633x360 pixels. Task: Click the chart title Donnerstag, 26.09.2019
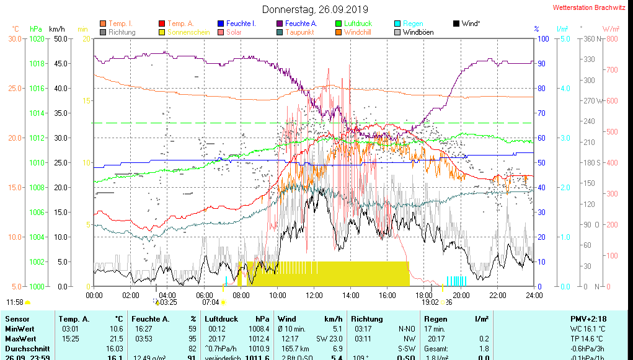[315, 9]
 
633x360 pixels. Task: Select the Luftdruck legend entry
[358, 24]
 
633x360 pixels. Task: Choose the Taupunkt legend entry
[299, 32]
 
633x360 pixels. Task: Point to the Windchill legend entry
[358, 32]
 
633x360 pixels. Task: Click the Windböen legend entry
[418, 32]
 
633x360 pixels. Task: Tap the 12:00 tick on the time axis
[314, 295]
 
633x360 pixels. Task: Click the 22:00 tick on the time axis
[498, 295]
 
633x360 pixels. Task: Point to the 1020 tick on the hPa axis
[37, 38]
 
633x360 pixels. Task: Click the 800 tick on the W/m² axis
[612, 38]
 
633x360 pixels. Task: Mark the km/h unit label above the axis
[57, 29]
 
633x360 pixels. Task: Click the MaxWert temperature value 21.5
[115, 338]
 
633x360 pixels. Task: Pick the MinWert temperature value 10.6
[115, 328]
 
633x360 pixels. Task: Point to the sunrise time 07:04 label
[211, 302]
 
